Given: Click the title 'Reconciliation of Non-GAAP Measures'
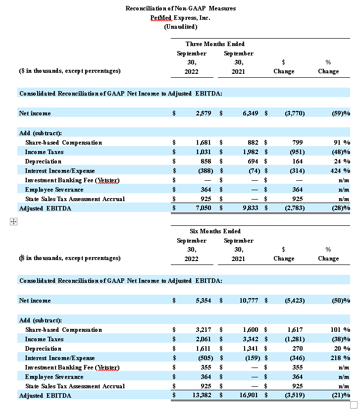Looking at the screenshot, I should pyautogui.click(x=180, y=8).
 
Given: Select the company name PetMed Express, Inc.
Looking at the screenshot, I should pyautogui.click(x=180, y=17).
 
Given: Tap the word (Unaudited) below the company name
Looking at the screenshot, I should pyautogui.click(x=180, y=26).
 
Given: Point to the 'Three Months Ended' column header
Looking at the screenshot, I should pyautogui.click(x=215, y=44).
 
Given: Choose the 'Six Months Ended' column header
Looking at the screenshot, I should pyautogui.click(x=215, y=231).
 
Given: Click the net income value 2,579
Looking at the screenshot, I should pyautogui.click(x=203, y=113).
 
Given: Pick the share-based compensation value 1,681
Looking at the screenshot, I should pyautogui.click(x=203, y=143).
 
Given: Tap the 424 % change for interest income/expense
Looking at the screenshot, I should pyautogui.click(x=340, y=171).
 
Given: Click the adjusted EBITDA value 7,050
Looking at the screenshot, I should pyautogui.click(x=203, y=209).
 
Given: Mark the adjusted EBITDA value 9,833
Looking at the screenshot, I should pyautogui.click(x=250, y=209).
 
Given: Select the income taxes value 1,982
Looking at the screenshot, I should pyautogui.click(x=250, y=152).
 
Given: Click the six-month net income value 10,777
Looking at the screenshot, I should pyautogui.click(x=248, y=301).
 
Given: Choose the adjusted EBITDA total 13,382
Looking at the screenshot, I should pyautogui.click(x=202, y=396).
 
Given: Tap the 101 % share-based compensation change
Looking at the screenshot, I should pyautogui.click(x=340, y=330).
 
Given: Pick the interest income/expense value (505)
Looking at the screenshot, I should pyautogui.click(x=203, y=358).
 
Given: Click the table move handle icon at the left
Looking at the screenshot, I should pyautogui.click(x=13, y=222).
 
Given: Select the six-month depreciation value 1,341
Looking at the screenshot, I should pyautogui.click(x=250, y=349).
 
